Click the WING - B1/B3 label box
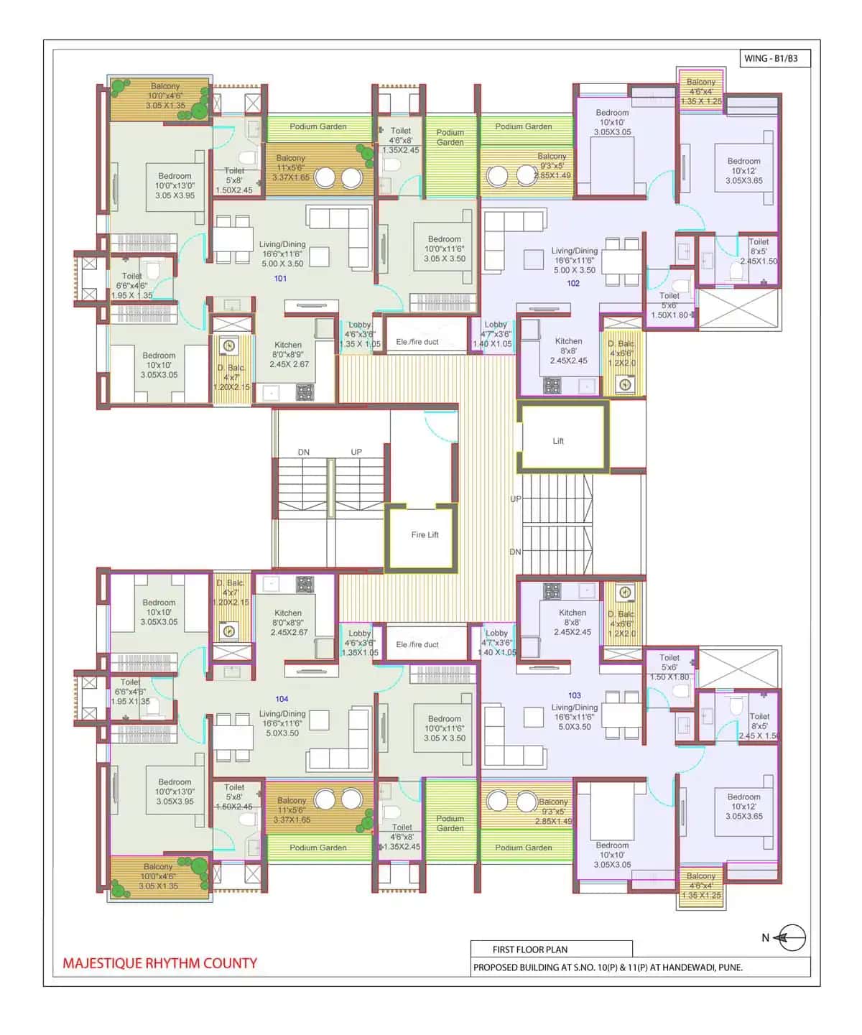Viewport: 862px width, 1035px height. point(774,58)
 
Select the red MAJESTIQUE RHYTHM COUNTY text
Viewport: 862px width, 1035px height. point(159,963)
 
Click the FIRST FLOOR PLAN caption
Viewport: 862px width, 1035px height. point(529,949)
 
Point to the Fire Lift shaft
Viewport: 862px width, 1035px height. point(424,535)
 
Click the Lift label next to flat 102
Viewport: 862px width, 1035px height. point(558,441)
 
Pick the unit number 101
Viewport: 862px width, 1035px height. point(280,278)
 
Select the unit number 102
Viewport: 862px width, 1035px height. point(573,283)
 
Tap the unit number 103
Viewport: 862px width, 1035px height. point(575,695)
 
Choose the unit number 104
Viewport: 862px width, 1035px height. point(282,699)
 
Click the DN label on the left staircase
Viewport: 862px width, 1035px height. point(304,452)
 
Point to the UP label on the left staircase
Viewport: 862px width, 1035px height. point(356,452)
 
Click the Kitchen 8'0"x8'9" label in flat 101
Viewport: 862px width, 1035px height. point(288,354)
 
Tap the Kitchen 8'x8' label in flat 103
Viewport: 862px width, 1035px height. point(573,622)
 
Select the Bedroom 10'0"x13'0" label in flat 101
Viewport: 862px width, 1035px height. point(175,185)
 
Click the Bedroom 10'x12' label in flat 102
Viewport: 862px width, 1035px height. point(743,171)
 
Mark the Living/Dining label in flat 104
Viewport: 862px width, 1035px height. point(282,723)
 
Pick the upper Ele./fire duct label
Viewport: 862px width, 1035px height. point(417,342)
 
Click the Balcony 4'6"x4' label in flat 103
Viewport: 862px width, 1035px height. point(701,885)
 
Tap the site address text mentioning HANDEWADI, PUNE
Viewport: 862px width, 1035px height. point(608,967)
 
